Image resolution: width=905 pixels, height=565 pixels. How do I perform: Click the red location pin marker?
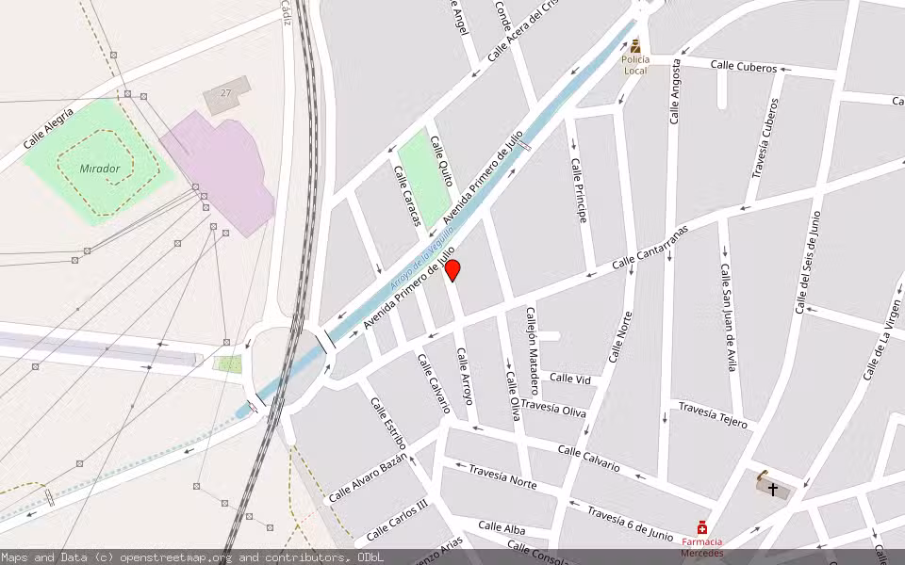click(x=452, y=270)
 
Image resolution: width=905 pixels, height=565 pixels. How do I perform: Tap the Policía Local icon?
click(x=635, y=45)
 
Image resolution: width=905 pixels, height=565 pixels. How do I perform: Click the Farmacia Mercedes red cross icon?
click(x=702, y=528)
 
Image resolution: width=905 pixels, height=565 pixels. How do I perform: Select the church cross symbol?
click(x=773, y=489)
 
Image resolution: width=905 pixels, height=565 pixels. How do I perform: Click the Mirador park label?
click(x=100, y=169)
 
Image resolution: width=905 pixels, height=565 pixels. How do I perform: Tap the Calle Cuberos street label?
click(x=744, y=67)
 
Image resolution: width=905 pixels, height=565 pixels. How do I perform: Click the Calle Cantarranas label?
click(x=650, y=248)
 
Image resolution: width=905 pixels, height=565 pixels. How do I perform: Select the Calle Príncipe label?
click(x=578, y=182)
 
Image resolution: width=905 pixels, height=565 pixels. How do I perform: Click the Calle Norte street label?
click(x=620, y=337)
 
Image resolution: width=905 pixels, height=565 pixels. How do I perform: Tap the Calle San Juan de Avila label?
click(x=728, y=316)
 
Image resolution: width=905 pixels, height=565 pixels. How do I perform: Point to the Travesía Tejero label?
click(x=713, y=415)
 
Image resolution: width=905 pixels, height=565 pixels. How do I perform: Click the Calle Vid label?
click(x=570, y=379)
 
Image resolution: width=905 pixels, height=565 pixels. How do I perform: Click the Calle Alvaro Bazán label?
click(x=368, y=476)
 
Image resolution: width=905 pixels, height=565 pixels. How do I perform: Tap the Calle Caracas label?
click(x=407, y=196)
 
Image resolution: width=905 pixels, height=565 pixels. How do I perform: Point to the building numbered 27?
click(x=226, y=93)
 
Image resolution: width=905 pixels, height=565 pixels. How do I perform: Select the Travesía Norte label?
click(x=502, y=477)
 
